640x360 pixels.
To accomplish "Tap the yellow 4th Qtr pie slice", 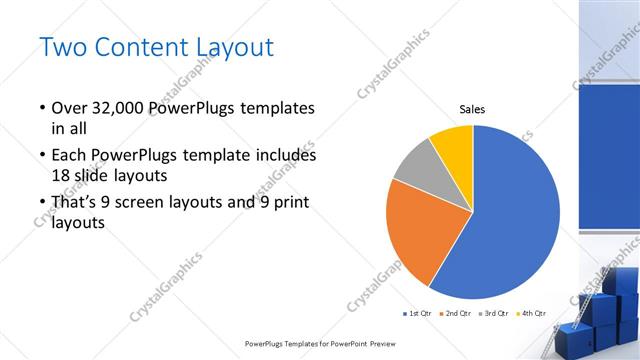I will point(453,144).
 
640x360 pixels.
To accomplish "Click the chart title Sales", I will point(473,109).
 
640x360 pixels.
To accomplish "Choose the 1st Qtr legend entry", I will point(418,313).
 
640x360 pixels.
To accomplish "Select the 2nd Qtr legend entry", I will point(457,313).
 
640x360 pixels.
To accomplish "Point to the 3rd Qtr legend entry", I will point(495,313).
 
